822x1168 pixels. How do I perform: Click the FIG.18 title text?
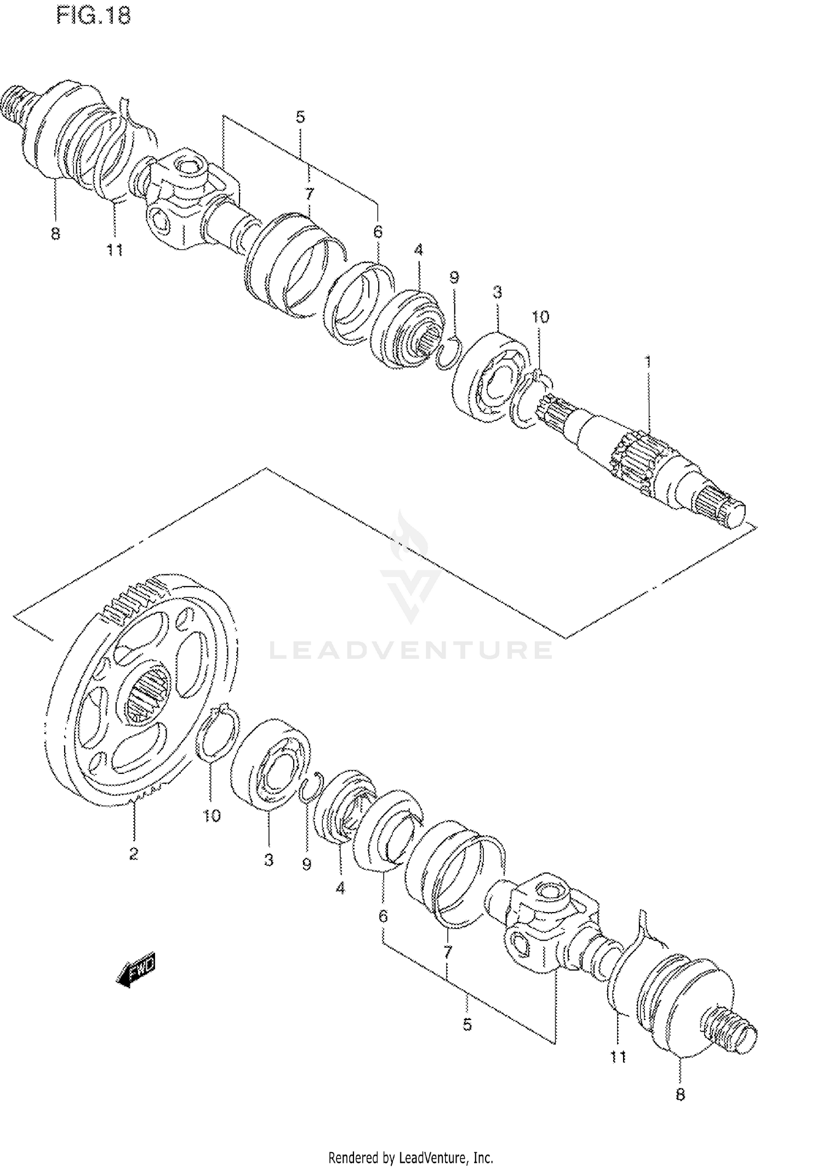click(x=94, y=15)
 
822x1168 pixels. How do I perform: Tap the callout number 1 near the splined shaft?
click(x=648, y=362)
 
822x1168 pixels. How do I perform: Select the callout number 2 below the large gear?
click(x=133, y=853)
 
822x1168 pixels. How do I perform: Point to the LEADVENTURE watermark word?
click(x=411, y=650)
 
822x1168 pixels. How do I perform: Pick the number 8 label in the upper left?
click(x=55, y=234)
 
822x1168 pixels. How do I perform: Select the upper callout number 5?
click(x=300, y=117)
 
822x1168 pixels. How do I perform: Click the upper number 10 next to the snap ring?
click(x=540, y=317)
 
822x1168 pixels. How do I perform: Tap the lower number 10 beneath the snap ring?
click(x=212, y=816)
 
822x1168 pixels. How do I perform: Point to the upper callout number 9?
click(x=454, y=277)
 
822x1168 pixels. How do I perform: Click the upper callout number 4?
click(x=419, y=250)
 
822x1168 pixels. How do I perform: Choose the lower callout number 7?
click(x=447, y=951)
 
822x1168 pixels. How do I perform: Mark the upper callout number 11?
click(x=115, y=250)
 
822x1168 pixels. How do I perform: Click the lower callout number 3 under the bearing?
click(x=268, y=861)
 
